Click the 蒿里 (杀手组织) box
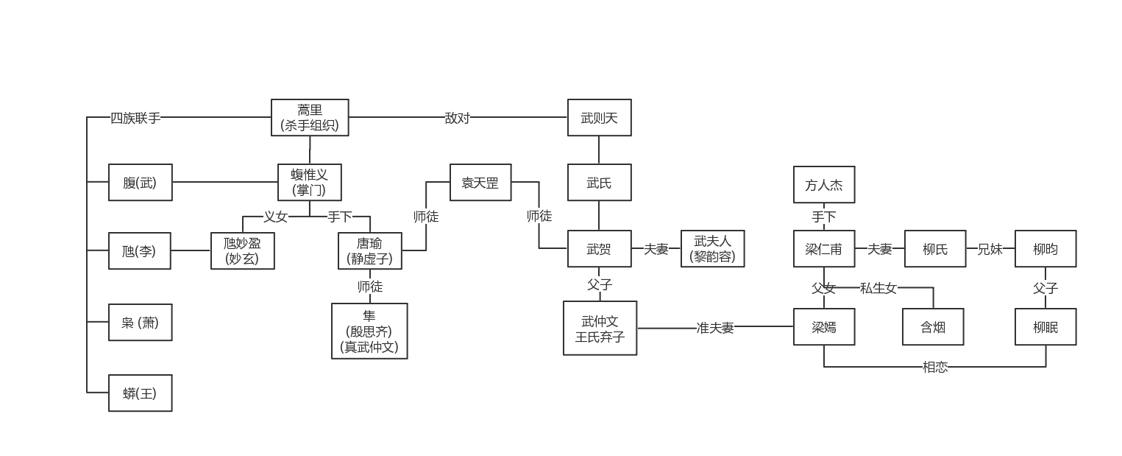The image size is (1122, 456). (309, 118)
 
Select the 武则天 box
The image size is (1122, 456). (599, 118)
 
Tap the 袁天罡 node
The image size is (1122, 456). (480, 183)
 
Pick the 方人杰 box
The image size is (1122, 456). (824, 185)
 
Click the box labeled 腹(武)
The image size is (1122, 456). (140, 183)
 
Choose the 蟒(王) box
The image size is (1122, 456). (140, 393)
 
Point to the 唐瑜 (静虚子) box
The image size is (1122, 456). (370, 251)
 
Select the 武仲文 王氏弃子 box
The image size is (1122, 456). (600, 329)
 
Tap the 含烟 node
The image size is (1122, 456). (933, 327)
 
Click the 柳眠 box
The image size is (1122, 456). (1045, 327)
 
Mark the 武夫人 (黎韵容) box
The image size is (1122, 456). (712, 249)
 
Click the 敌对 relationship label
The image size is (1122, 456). (457, 118)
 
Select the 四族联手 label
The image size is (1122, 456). (135, 118)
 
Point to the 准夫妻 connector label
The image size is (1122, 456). (715, 328)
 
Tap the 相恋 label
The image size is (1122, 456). (934, 367)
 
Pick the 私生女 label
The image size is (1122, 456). (878, 288)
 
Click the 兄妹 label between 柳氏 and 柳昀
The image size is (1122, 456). (990, 249)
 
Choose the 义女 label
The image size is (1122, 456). (275, 217)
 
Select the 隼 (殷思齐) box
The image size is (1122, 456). (369, 331)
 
